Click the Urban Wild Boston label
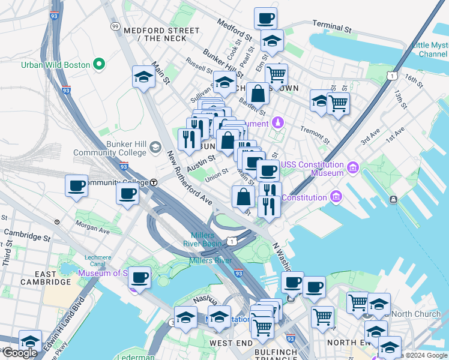(x=55, y=64)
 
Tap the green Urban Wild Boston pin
(x=100, y=64)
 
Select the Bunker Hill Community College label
(x=109, y=149)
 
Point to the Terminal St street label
(x=331, y=27)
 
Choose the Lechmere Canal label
(x=98, y=260)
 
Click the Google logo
(x=20, y=353)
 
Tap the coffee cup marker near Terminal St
(x=265, y=17)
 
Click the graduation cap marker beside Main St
(x=143, y=77)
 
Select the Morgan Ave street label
(x=92, y=226)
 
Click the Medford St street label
(x=235, y=28)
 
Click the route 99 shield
(x=115, y=26)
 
